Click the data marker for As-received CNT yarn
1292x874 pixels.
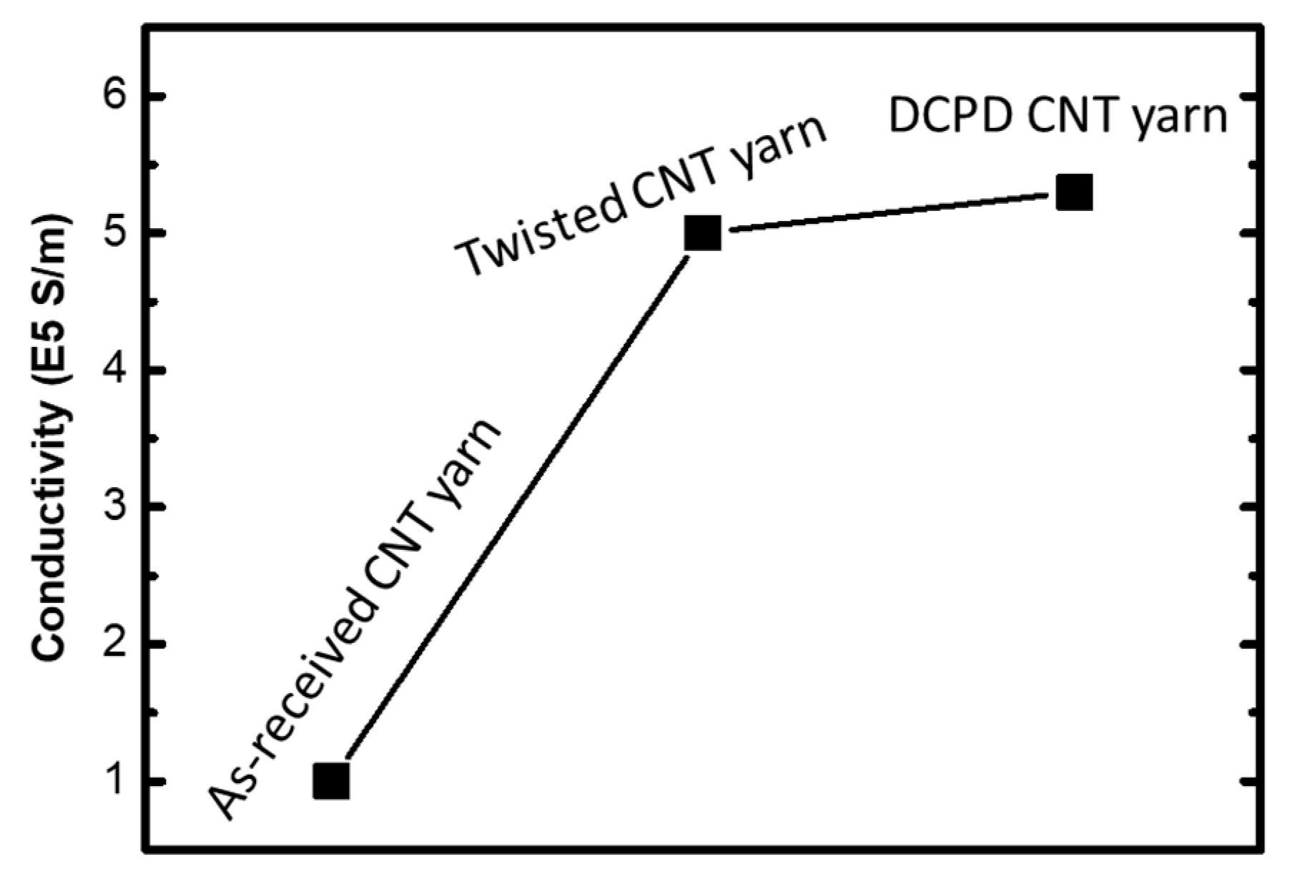[332, 780]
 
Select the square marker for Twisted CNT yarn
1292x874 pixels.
[702, 232]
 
